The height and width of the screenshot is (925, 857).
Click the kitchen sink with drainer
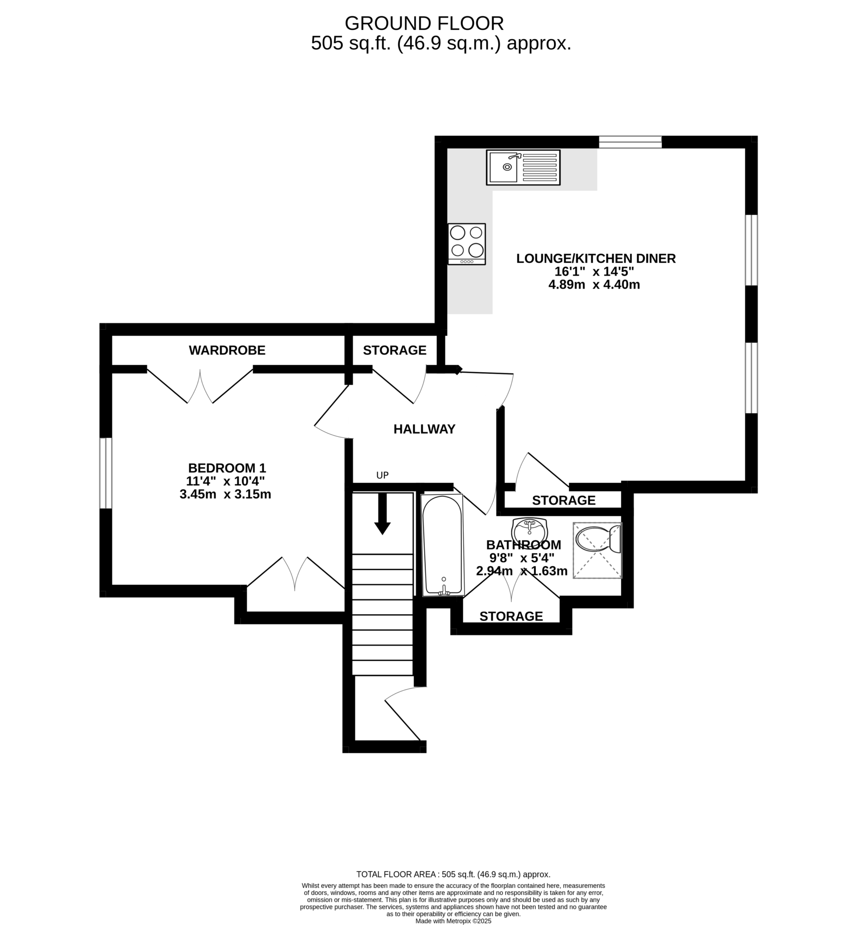[x=523, y=168]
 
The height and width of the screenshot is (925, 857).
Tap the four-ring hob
[x=467, y=244]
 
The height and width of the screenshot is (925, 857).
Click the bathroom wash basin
[x=530, y=529]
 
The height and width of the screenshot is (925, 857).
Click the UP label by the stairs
[x=382, y=475]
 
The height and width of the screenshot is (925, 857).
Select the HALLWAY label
[x=424, y=430]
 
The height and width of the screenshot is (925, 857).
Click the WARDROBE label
[x=227, y=350]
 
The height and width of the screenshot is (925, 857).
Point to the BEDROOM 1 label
[x=227, y=468]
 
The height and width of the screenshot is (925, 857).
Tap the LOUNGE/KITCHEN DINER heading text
[x=596, y=259]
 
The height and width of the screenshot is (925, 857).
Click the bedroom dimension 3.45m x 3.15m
[x=225, y=494]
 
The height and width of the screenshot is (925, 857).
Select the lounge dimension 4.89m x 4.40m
[x=594, y=285]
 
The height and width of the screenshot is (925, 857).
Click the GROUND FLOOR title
[x=424, y=23]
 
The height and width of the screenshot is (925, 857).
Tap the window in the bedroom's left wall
[x=106, y=473]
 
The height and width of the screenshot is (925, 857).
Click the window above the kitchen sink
[x=630, y=142]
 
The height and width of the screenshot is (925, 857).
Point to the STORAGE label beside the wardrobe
[x=395, y=350]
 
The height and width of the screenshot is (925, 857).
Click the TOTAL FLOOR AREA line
[x=453, y=874]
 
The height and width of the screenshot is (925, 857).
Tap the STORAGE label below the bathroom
[x=511, y=616]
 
